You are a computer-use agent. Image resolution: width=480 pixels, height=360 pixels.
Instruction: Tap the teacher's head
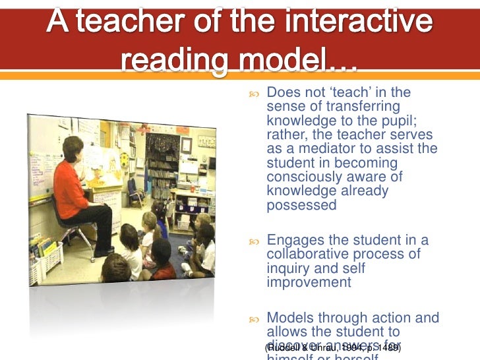(x=73, y=147)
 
